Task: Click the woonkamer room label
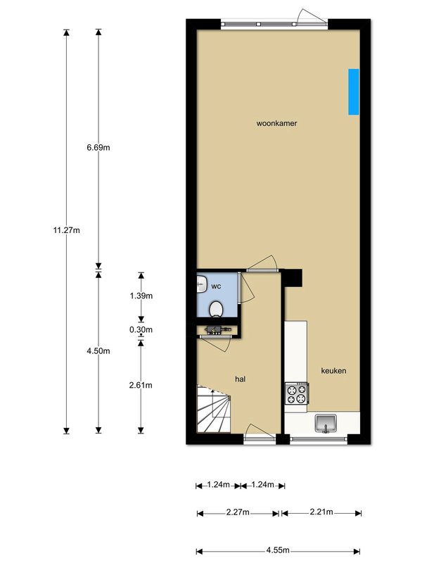tap(276, 123)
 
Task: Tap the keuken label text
tap(334, 371)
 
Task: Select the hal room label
tap(240, 379)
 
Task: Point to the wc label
tap(217, 286)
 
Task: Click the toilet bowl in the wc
tap(217, 309)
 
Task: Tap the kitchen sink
tap(327, 423)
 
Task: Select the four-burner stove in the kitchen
tap(296, 393)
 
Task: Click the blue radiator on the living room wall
tap(353, 91)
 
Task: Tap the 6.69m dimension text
tap(98, 147)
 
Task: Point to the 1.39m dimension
tap(141, 296)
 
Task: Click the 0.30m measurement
tap(141, 329)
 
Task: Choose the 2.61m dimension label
tap(141, 384)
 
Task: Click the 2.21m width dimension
tap(321, 512)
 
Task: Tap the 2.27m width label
tap(238, 512)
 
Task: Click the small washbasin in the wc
tap(201, 284)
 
